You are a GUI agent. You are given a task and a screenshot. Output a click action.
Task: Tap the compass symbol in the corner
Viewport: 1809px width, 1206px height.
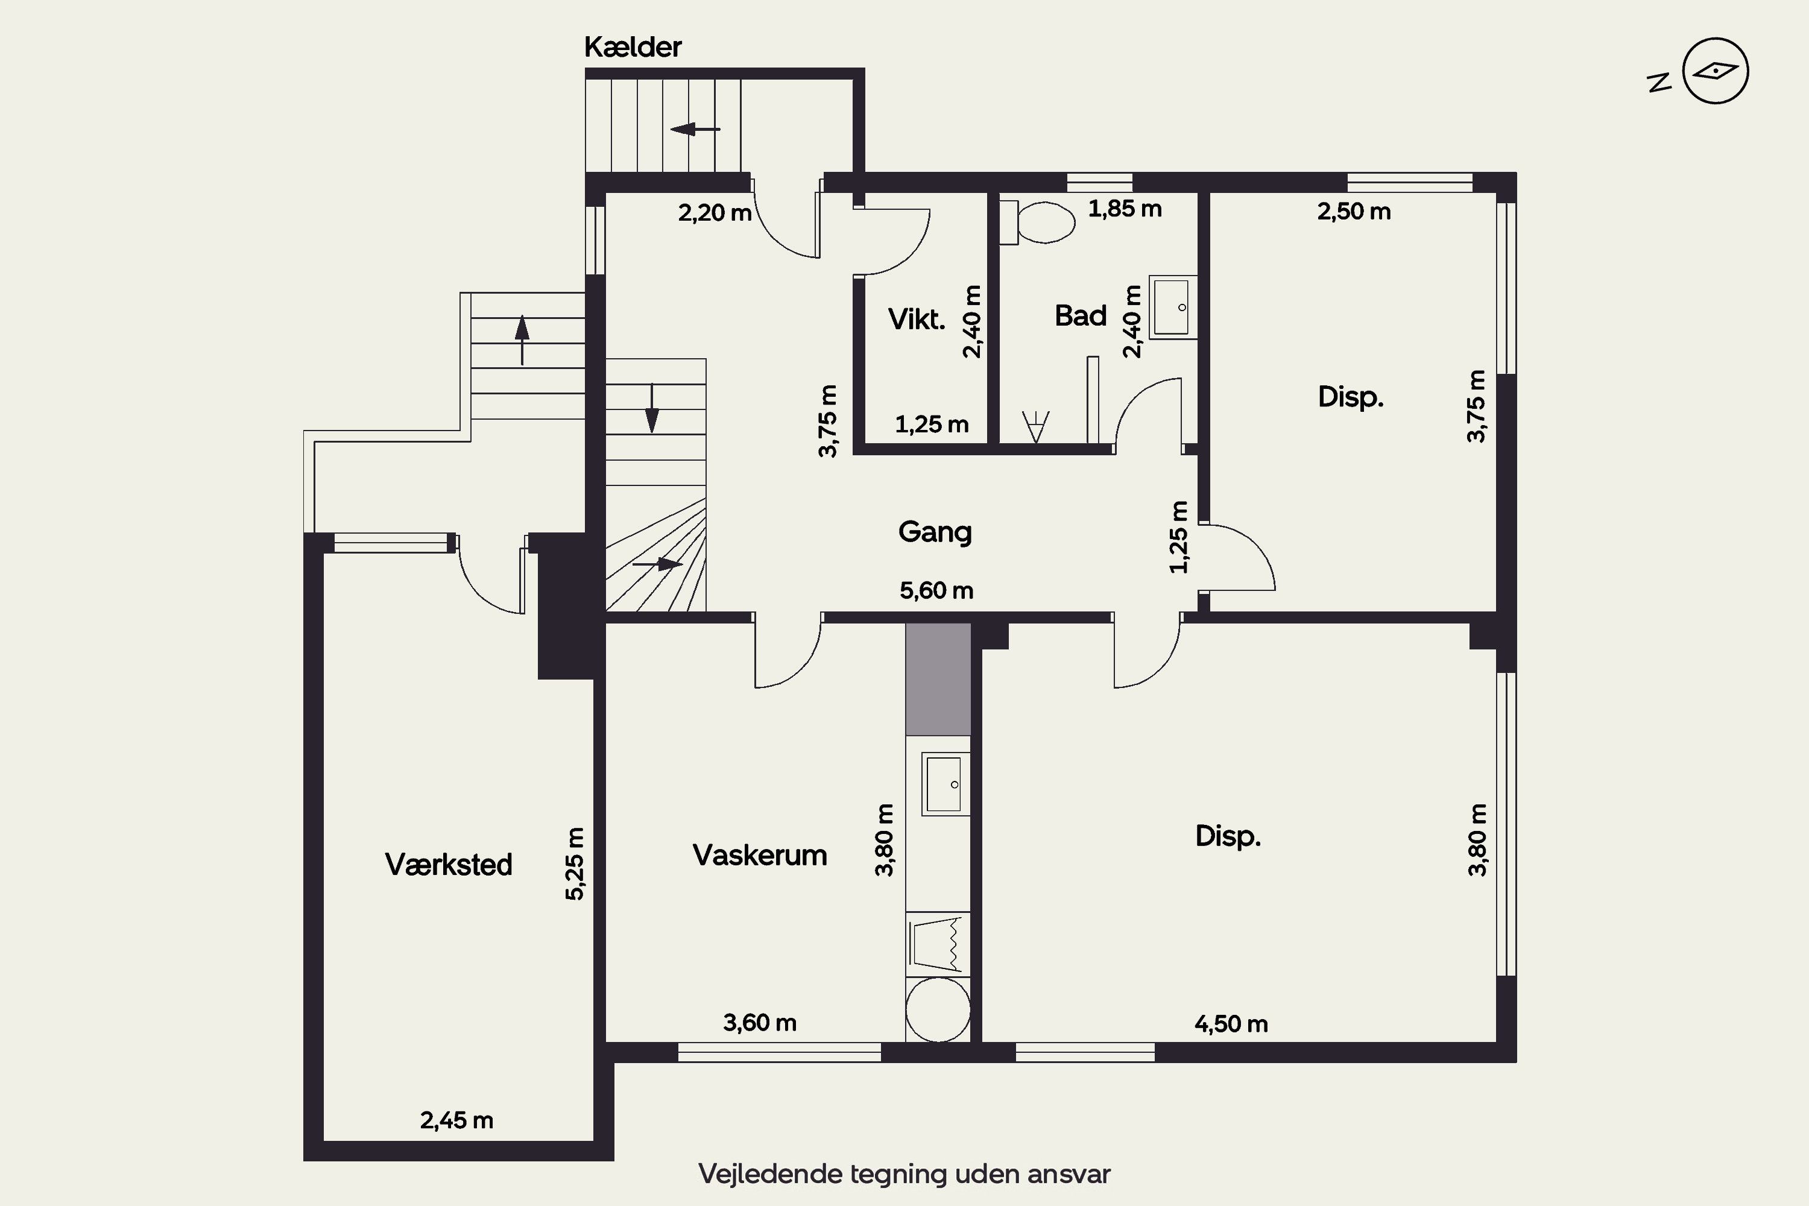(1715, 71)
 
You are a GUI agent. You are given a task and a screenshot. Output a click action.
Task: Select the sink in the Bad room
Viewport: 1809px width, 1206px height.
(1173, 307)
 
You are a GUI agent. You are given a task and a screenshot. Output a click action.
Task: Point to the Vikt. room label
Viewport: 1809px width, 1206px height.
(916, 318)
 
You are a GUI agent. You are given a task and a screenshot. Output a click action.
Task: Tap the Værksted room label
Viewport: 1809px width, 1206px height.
(449, 865)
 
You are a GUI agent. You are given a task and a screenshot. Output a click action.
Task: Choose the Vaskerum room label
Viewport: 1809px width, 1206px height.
(759, 855)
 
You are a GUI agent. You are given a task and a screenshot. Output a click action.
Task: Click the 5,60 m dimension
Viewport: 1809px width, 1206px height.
(936, 591)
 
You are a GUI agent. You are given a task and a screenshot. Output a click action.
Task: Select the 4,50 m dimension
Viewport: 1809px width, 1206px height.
(1231, 1024)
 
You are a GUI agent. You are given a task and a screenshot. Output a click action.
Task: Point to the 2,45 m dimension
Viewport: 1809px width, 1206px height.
(456, 1120)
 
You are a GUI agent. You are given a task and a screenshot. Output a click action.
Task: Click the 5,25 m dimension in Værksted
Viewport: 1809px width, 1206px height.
(575, 863)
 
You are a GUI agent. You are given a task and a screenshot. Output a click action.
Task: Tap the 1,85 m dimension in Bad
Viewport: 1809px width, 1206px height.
(1125, 209)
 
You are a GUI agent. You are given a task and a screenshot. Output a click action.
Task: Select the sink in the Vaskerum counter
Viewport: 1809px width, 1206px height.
(944, 784)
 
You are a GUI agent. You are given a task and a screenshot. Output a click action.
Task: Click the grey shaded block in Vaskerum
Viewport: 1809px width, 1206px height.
(938, 679)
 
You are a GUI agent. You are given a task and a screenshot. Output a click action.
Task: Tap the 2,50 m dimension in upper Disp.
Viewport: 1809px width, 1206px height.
(1354, 212)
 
